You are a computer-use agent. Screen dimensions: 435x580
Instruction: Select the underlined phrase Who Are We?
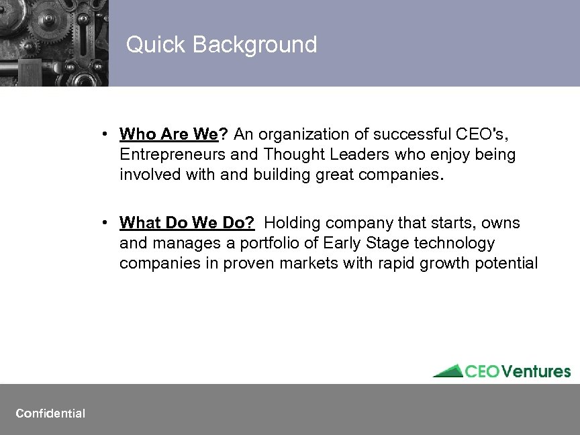173,134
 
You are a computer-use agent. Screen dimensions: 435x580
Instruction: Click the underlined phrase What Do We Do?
187,222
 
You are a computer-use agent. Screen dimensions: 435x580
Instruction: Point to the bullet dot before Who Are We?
106,134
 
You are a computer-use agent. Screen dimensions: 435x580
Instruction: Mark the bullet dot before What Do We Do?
106,222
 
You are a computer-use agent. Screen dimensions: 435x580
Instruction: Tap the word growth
439,262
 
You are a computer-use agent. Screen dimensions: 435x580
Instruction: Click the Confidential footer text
50,414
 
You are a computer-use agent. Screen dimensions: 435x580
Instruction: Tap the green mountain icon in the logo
448,371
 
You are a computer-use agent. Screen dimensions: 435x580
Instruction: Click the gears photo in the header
54,43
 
